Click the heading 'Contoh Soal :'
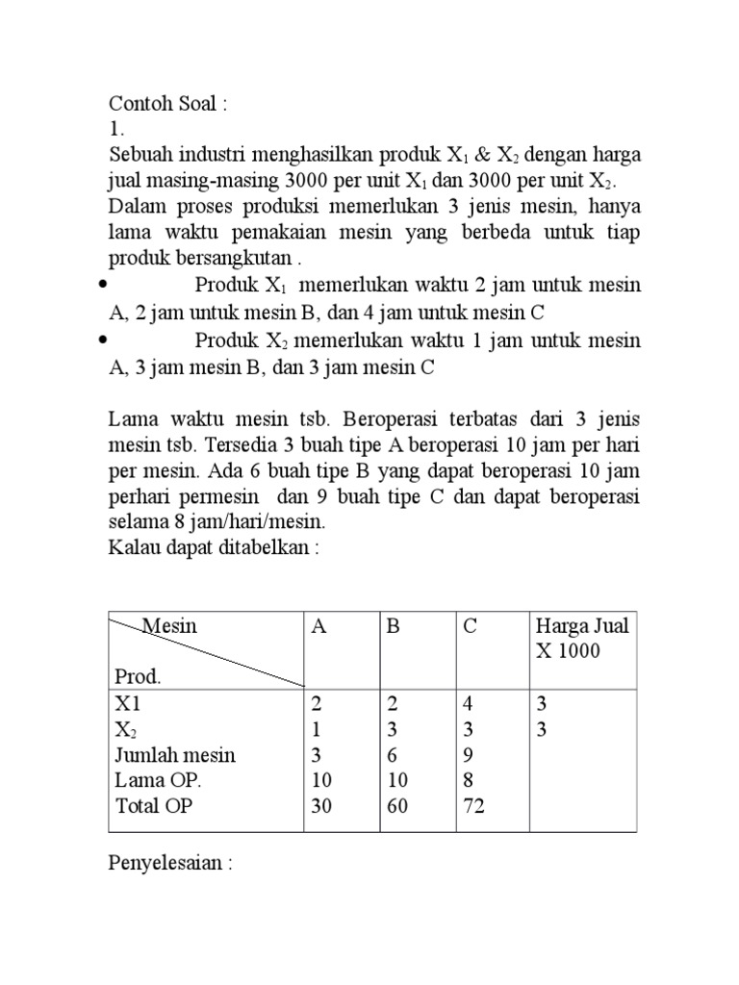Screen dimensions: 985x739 pos(168,104)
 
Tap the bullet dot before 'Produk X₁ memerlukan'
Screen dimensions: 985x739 pos(104,287)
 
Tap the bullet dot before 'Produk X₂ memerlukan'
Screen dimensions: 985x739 pos(104,341)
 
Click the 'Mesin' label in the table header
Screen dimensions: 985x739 pos(170,626)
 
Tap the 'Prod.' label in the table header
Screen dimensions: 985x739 pos(138,676)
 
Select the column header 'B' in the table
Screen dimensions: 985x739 pos(392,626)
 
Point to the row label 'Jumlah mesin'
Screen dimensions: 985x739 pos(174,755)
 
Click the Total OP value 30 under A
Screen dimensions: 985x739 pos(321,807)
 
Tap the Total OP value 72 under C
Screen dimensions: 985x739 pos(474,807)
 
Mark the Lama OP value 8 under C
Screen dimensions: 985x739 pos(470,781)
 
